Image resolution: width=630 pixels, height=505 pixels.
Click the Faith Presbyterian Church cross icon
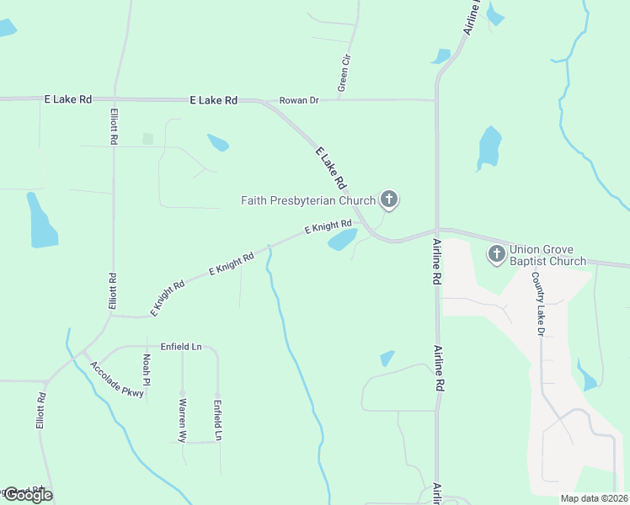click(388, 199)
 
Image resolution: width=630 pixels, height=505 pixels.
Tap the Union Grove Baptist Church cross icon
click(497, 253)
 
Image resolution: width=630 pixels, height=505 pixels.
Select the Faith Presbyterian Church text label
click(307, 200)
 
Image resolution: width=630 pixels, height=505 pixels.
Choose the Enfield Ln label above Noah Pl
click(182, 347)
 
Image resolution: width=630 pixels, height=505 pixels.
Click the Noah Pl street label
click(147, 369)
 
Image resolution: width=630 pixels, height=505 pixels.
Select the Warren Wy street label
click(183, 420)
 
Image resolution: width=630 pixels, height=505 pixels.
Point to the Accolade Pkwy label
click(116, 380)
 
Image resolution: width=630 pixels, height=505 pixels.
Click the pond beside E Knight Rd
click(342, 240)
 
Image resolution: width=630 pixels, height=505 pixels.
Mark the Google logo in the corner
click(28, 494)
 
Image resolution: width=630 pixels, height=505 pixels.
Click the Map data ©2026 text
click(594, 497)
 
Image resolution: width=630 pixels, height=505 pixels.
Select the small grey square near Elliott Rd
click(148, 139)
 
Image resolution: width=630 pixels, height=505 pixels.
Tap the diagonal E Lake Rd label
click(331, 167)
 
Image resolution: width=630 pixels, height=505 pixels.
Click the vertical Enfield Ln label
click(217, 420)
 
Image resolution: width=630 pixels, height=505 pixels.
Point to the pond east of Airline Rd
click(489, 148)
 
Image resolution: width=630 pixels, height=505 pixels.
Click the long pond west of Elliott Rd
click(40, 221)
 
